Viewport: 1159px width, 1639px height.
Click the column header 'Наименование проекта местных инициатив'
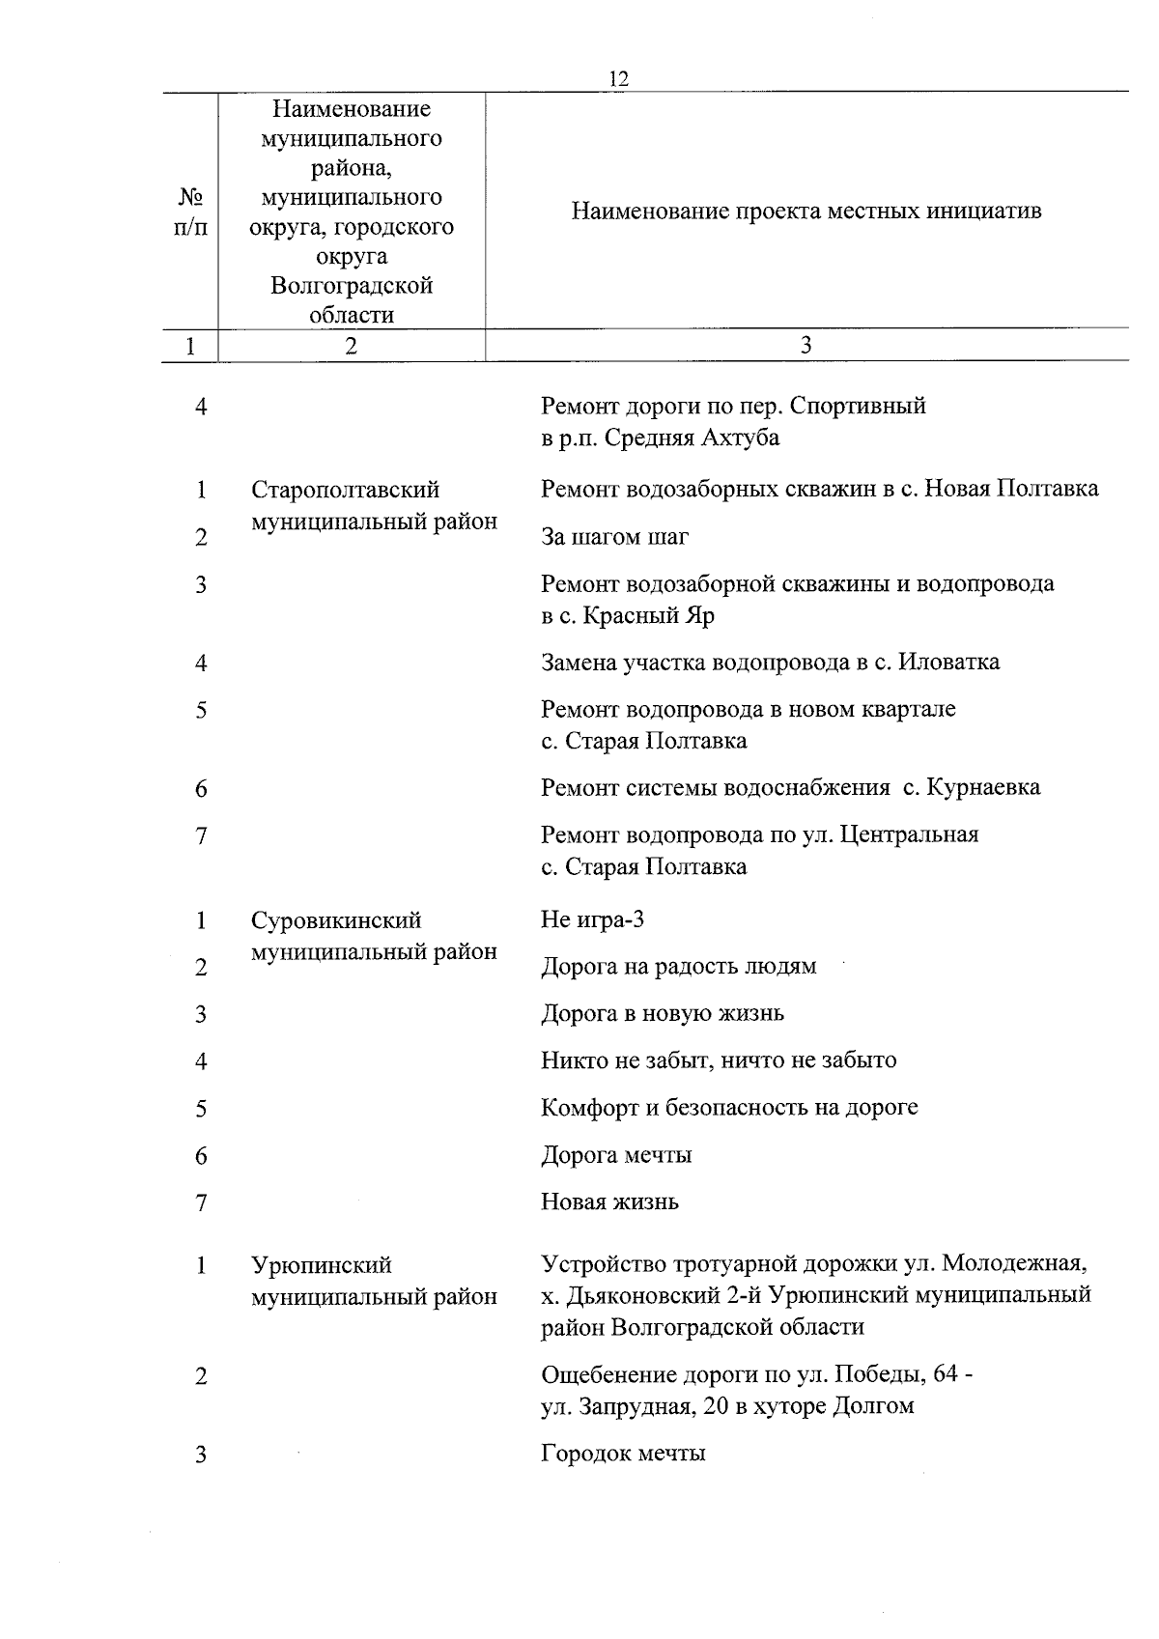click(806, 212)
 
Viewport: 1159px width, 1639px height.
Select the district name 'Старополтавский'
click(345, 491)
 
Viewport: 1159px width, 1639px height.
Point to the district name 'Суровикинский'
click(336, 920)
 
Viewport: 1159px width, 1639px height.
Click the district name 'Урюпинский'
click(322, 1265)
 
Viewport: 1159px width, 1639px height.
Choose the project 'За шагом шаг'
click(614, 537)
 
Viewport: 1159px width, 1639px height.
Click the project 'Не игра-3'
click(592, 919)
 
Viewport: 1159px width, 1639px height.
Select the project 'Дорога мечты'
click(616, 1155)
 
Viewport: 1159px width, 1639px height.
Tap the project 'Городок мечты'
click(623, 1454)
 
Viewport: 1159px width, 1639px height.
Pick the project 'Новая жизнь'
click(609, 1202)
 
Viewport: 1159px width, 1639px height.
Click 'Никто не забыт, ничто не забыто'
click(719, 1060)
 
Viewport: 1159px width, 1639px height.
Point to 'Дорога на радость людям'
click(678, 967)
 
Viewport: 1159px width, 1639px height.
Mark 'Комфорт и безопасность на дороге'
click(729, 1108)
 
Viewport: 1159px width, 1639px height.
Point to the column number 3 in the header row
click(806, 346)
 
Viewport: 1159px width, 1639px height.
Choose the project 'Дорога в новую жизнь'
click(663, 1014)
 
